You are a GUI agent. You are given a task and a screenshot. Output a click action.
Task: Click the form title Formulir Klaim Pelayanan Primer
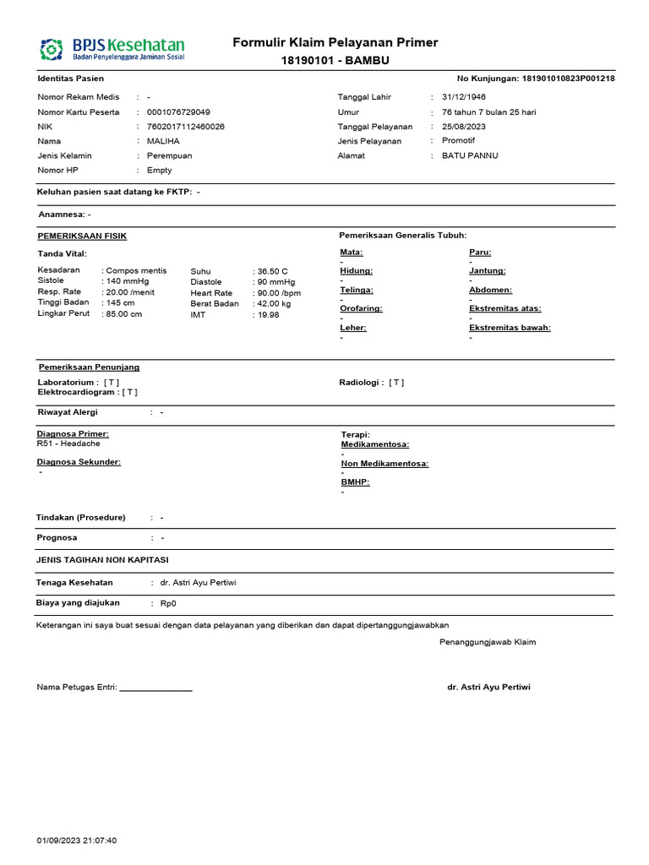click(x=335, y=43)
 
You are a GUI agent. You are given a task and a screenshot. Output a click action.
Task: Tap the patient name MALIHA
click(x=163, y=141)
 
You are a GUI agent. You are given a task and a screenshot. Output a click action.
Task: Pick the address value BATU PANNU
click(x=470, y=156)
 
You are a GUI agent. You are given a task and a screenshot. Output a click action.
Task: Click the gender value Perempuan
click(x=170, y=156)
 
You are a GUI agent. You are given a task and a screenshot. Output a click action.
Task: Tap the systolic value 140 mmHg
click(x=128, y=281)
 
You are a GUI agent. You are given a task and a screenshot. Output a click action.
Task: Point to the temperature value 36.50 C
click(x=273, y=271)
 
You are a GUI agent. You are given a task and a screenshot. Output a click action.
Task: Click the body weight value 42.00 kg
click(x=274, y=303)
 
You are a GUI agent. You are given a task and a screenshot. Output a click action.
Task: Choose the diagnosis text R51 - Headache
click(x=68, y=443)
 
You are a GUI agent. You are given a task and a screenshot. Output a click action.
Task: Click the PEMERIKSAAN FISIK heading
click(x=83, y=236)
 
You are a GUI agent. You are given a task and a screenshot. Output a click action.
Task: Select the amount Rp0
click(x=169, y=604)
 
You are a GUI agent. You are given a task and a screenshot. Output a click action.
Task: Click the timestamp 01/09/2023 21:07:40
click(x=77, y=841)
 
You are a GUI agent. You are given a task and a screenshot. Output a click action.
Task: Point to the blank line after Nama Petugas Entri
click(x=156, y=688)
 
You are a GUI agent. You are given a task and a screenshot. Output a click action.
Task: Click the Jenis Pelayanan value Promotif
click(x=459, y=141)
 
